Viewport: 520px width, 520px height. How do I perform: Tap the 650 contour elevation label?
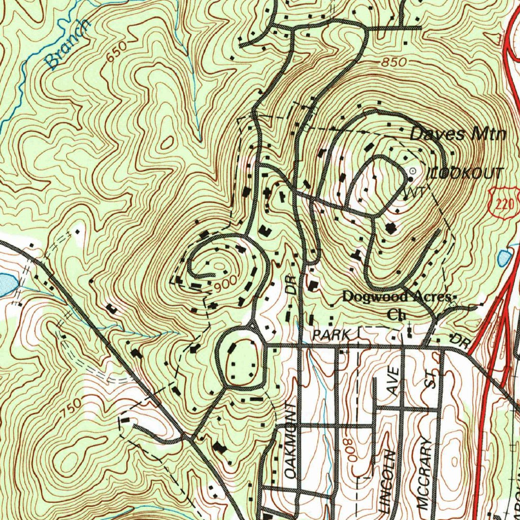(x=117, y=52)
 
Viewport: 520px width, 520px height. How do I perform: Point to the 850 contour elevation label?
(x=394, y=62)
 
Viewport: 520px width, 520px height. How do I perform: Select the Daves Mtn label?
(x=458, y=134)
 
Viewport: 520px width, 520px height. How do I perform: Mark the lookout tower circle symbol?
(x=412, y=171)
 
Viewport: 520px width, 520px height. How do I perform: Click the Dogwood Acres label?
(x=397, y=297)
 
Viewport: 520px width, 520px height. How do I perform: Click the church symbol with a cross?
(x=409, y=332)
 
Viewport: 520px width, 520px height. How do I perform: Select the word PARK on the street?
(x=332, y=335)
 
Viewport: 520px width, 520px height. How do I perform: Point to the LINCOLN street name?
(x=387, y=480)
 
